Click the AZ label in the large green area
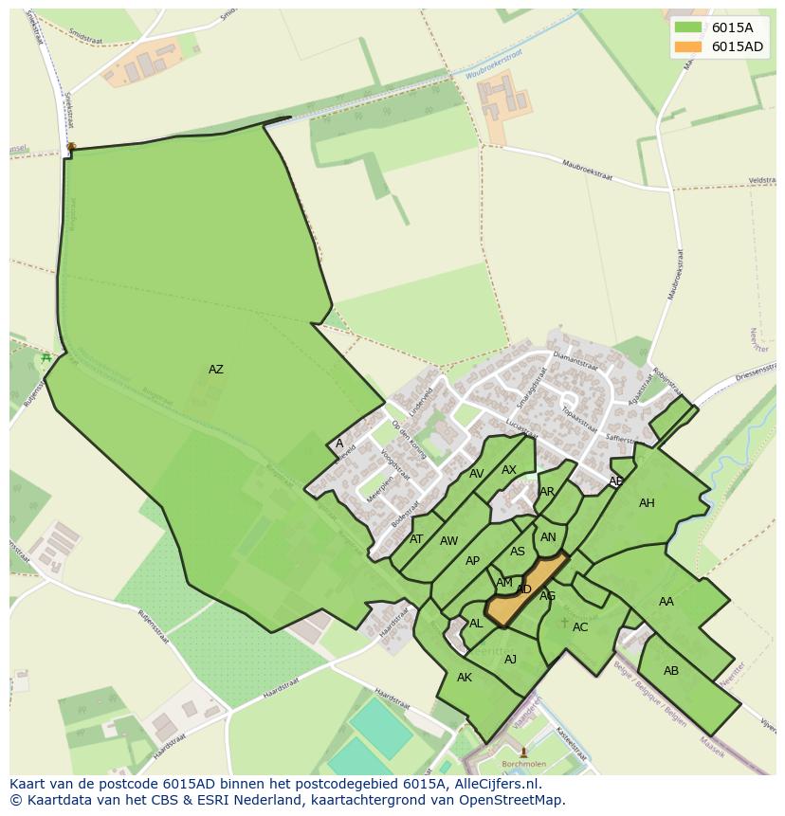216,370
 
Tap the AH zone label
647,503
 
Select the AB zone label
671,671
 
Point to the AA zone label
666,602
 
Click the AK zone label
465,678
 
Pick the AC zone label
580,627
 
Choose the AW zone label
448,541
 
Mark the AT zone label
416,539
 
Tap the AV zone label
477,474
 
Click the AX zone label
509,470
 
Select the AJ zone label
510,660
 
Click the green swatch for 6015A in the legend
687,27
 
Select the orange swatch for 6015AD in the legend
687,46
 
